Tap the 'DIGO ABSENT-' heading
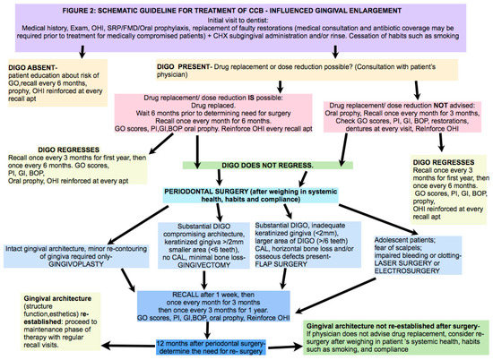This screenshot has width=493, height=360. (35, 64)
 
